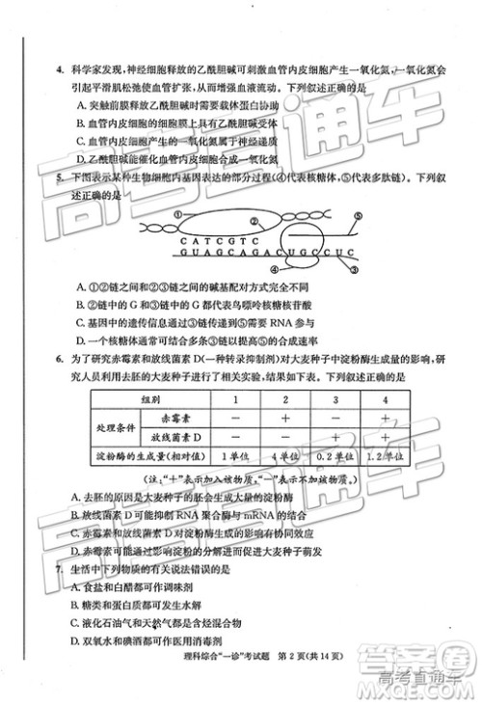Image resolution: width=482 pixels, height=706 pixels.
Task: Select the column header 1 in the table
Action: (x=233, y=398)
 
